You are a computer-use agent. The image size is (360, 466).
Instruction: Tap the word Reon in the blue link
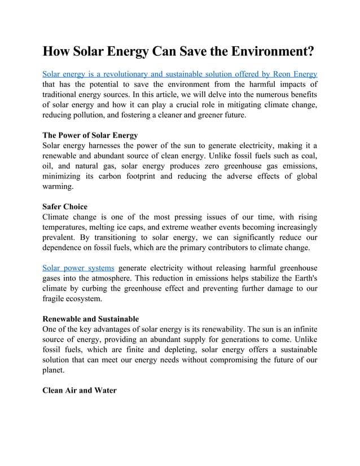(274, 73)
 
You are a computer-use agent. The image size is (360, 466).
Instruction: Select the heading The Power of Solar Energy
(90, 135)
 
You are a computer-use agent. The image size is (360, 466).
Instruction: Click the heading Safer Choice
(65, 207)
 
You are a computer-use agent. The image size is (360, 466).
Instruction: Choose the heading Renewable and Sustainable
(91, 319)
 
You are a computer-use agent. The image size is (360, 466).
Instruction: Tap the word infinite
(302, 329)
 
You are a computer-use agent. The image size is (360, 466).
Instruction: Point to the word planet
(55, 370)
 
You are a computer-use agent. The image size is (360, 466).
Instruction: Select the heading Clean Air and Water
(80, 390)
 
